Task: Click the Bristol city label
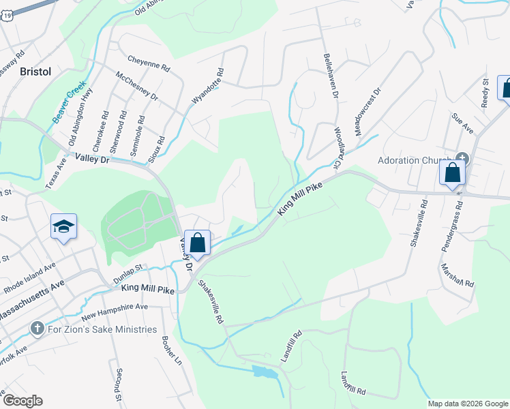point(35,71)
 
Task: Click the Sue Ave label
point(463,123)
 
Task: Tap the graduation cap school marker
point(63,227)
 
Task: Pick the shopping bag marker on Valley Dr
point(197,243)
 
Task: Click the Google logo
point(22,401)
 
